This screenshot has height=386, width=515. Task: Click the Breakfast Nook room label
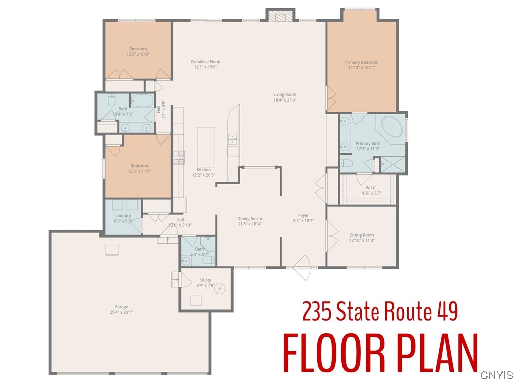(205, 62)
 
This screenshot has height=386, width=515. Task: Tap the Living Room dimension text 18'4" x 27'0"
(285, 100)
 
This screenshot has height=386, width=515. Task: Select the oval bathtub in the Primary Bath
(390, 127)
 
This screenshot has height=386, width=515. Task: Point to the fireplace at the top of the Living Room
(279, 16)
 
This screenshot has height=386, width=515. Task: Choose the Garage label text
(121, 307)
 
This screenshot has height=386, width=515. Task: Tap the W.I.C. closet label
(368, 188)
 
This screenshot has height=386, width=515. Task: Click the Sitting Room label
(362, 235)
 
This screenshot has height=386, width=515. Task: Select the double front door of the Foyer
(303, 268)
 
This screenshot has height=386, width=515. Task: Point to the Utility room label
(206, 280)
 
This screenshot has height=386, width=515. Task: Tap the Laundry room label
(123, 216)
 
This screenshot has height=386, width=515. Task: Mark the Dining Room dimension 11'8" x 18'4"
(250, 224)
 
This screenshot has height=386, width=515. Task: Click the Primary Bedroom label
(361, 62)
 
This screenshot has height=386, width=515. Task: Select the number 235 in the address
(316, 311)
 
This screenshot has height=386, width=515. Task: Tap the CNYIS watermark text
(496, 375)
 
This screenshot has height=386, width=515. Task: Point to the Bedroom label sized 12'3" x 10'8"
(138, 49)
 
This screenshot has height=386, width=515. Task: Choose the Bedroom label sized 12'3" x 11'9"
(139, 166)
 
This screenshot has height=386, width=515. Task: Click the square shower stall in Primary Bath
(391, 165)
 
